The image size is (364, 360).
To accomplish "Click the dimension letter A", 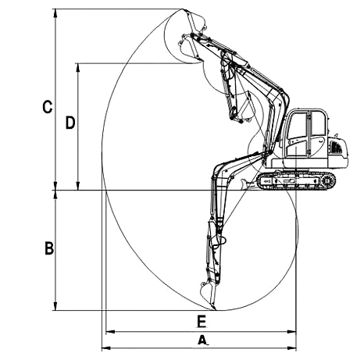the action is [202, 340].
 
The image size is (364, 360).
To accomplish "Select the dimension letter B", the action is [49, 248].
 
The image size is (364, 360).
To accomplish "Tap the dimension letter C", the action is [48, 107].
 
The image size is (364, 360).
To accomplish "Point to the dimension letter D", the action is [70, 123].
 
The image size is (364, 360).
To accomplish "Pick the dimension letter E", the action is [202, 321].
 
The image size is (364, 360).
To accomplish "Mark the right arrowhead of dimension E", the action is [291, 332].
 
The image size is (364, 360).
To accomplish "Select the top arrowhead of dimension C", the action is [55, 13].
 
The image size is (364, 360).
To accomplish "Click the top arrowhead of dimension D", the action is [78, 68].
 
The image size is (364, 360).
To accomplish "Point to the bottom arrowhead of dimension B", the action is [55, 306].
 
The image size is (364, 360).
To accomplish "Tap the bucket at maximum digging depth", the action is [208, 294].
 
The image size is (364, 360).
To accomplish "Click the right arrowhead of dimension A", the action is [291, 348].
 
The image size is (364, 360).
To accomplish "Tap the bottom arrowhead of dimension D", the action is [78, 186].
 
